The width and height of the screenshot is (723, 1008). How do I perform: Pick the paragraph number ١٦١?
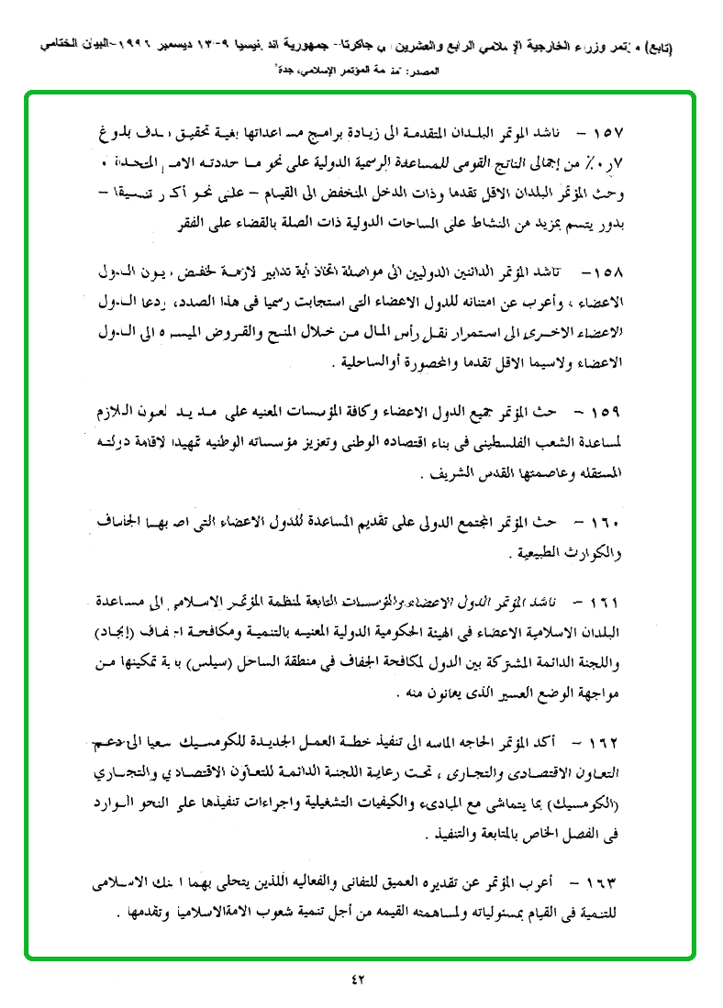(606, 604)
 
